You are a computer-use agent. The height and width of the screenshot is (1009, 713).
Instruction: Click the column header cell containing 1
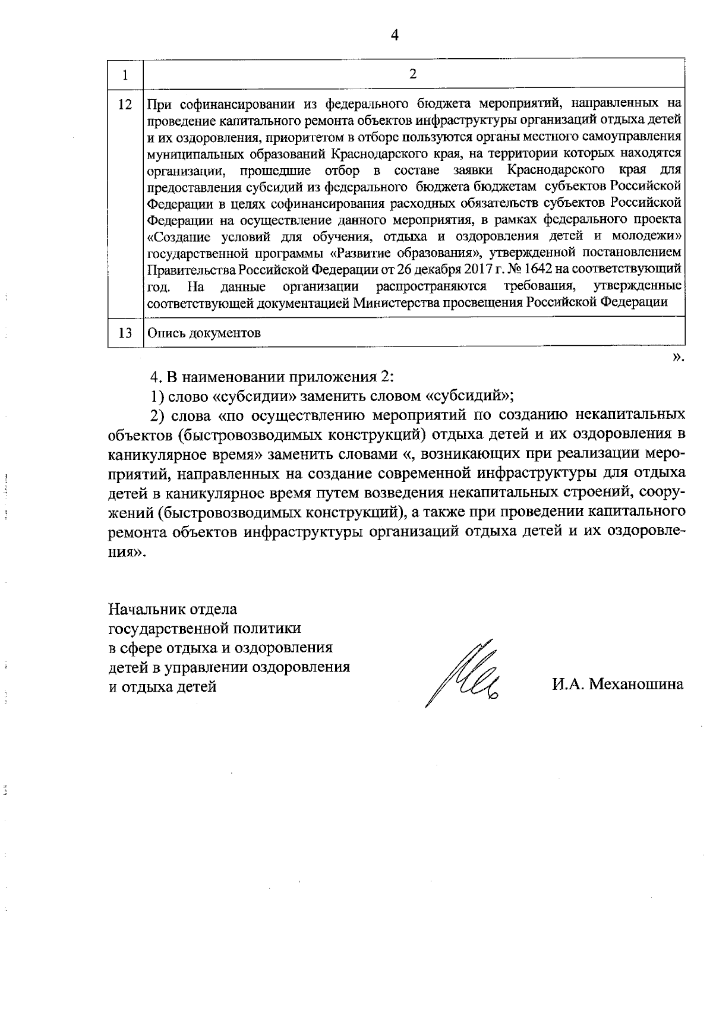[125, 75]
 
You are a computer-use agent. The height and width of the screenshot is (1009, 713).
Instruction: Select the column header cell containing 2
[413, 74]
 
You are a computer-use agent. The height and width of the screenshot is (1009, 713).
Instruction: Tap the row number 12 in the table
[125, 105]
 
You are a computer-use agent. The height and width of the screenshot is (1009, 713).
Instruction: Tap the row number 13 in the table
[125, 333]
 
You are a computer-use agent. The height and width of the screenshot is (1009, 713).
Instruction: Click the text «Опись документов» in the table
[204, 333]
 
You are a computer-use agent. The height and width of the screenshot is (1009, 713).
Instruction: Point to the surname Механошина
[635, 684]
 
